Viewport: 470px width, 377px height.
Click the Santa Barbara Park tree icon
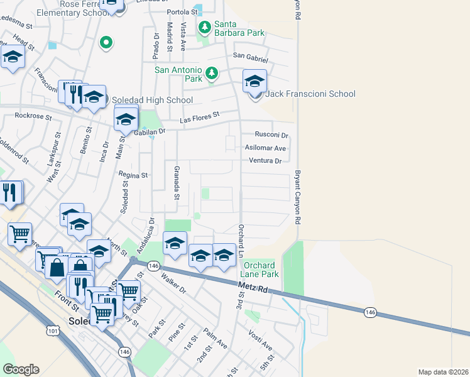click(205, 27)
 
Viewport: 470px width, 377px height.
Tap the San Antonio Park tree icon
click(212, 73)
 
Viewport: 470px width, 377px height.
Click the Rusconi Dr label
click(271, 135)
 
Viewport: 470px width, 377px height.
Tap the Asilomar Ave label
click(265, 148)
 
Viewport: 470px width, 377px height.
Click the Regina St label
click(133, 175)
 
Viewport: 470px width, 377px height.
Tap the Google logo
click(21, 369)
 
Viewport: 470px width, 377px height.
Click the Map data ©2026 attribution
click(442, 372)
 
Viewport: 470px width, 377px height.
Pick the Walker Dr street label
click(173, 283)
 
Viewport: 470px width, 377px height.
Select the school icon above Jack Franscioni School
click(254, 81)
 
